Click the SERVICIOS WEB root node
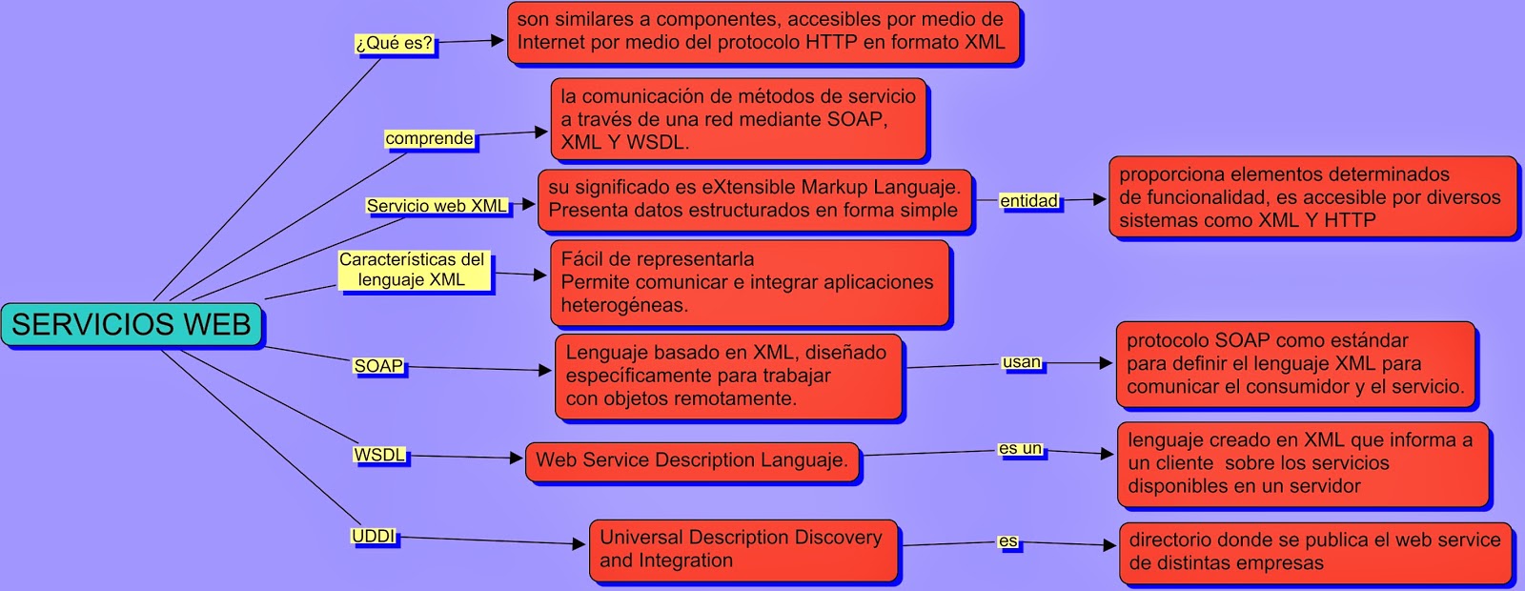click(132, 325)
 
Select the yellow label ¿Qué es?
click(394, 43)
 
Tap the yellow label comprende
click(429, 138)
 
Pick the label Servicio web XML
click(437, 206)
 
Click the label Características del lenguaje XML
click(413, 270)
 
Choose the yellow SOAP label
click(378, 366)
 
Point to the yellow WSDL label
click(379, 455)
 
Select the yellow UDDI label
click(374, 537)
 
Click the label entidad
click(1028, 200)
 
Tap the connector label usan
click(1022, 362)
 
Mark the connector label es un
click(1020, 448)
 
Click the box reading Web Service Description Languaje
click(692, 460)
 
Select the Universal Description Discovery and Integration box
click(742, 549)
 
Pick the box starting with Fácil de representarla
click(750, 282)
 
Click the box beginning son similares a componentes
click(762, 31)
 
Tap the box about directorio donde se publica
click(1314, 551)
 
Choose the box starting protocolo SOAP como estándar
click(1295, 363)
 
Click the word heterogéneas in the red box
click(624, 305)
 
